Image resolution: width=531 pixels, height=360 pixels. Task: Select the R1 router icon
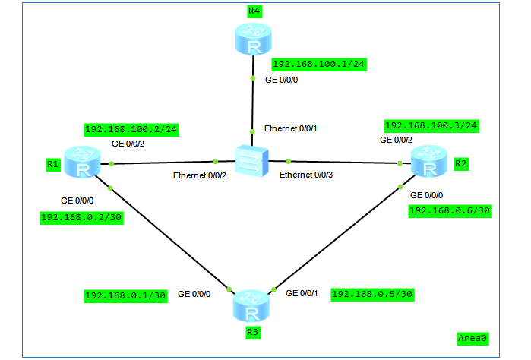78,163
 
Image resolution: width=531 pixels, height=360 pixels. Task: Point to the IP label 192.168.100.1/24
319,65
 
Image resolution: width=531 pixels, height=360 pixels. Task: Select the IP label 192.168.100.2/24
131,129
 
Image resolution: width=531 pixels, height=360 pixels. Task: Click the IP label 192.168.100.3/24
431,125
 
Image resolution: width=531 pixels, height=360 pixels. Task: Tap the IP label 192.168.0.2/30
83,217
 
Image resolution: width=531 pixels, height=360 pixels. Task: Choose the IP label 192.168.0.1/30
125,295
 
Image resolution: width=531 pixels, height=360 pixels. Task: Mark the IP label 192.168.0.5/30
373,294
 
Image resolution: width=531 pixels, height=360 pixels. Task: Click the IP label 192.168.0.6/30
450,210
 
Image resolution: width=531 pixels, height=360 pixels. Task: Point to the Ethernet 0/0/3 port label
305,175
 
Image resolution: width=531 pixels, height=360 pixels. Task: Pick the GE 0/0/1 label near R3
302,293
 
